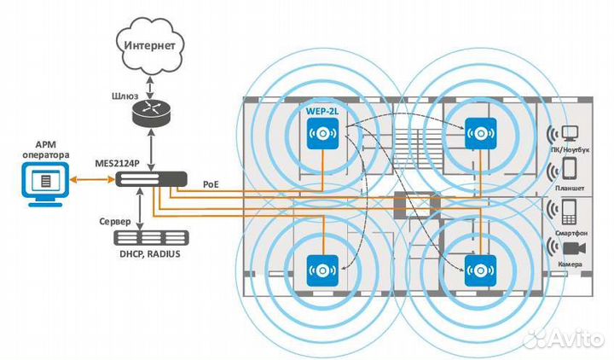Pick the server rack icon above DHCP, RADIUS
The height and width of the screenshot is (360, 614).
pyautogui.click(x=152, y=238)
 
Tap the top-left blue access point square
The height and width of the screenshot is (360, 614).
pyautogui.click(x=323, y=133)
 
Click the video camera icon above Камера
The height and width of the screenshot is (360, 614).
pyautogui.click(x=571, y=247)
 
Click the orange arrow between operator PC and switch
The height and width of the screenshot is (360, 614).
pyautogui.click(x=91, y=179)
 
